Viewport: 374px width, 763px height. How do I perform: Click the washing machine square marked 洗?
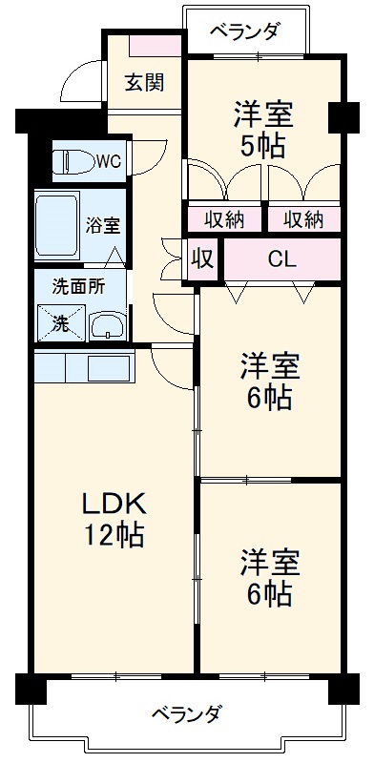59,321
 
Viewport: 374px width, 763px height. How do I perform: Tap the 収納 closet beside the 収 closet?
224,218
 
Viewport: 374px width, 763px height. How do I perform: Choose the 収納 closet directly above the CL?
303,218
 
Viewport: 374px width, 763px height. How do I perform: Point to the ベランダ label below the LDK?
187,712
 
